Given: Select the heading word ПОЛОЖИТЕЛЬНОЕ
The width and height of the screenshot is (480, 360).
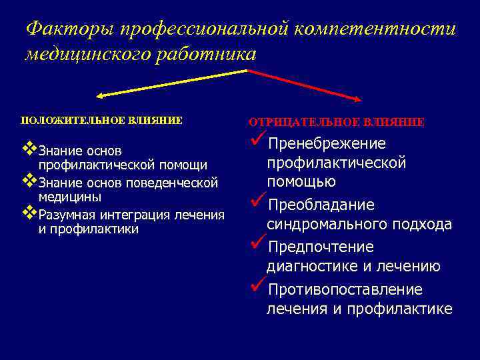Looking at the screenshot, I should (x=63, y=121).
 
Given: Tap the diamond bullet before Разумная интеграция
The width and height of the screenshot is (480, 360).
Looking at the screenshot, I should (x=29, y=213).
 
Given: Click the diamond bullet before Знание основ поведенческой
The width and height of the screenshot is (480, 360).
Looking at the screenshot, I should (x=29, y=180).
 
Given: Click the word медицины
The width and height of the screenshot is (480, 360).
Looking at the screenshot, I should (x=70, y=197).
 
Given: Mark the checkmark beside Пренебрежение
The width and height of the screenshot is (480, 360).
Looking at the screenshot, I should (x=257, y=141).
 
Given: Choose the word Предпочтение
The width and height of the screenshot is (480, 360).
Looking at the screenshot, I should (x=320, y=247).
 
